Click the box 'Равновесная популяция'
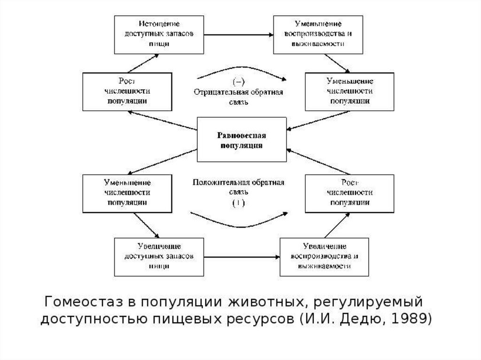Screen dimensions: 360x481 [242, 140]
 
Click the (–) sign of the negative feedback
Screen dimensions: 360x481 [238, 83]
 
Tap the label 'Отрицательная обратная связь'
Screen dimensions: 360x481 [238, 96]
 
